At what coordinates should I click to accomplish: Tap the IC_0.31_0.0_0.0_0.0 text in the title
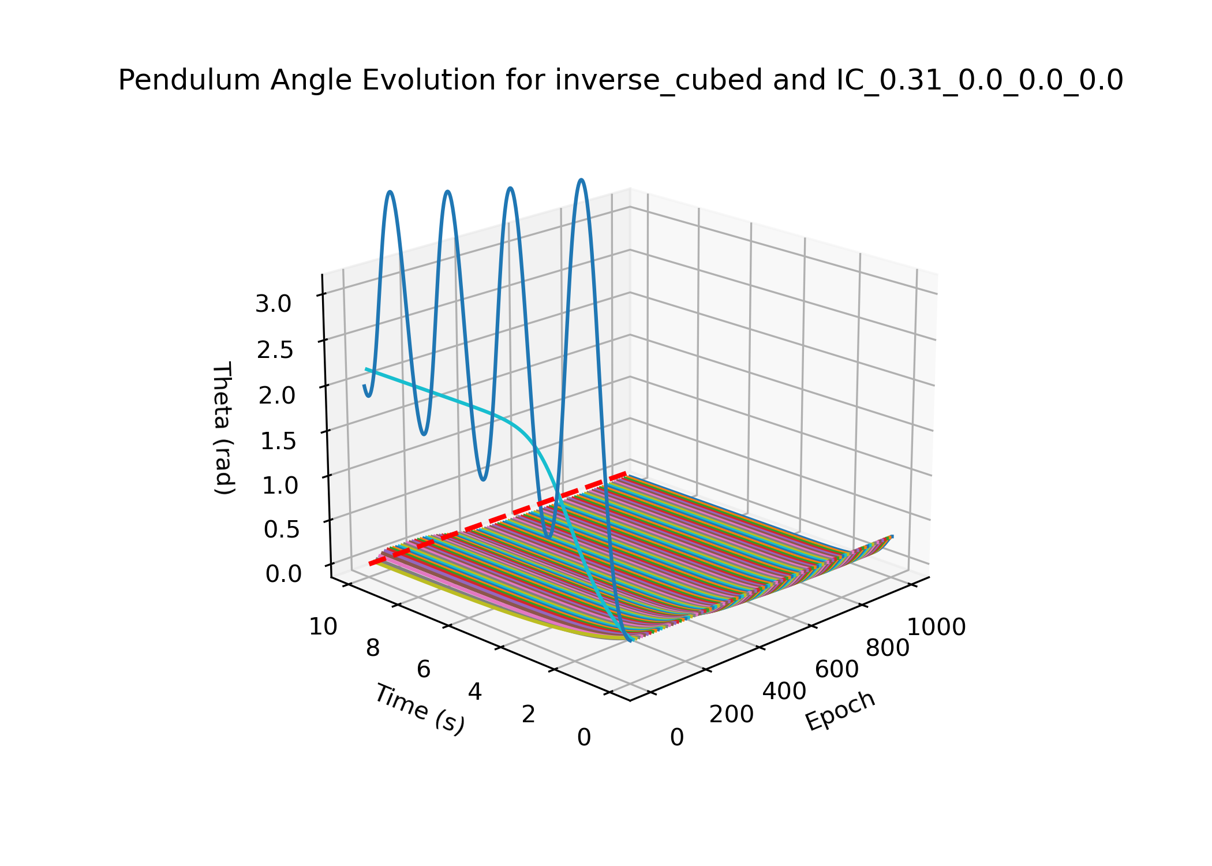coord(979,80)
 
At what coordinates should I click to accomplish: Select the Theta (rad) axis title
coord(223,428)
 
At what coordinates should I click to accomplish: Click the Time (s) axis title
coord(420,709)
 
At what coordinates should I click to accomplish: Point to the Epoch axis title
coord(840,711)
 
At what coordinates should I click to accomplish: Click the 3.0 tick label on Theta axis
coord(274,304)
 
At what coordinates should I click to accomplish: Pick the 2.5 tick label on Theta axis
coord(275,350)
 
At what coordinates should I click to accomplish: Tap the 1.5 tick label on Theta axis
coord(278,441)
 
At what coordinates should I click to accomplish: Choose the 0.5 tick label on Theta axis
coord(282,529)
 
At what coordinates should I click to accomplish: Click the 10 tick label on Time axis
coord(323,626)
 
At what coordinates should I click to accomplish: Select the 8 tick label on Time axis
coord(373,648)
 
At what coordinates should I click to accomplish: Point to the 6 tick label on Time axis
coord(424,669)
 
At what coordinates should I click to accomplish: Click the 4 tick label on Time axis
coord(475,691)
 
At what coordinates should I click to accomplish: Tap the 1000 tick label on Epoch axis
coord(937,627)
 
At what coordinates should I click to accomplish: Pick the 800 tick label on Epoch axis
coord(888,648)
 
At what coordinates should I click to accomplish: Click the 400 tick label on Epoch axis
coord(784,691)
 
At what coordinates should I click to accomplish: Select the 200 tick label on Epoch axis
coord(731,714)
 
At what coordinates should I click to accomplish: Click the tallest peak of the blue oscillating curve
coord(582,181)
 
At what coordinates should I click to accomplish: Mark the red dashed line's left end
coord(371,564)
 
